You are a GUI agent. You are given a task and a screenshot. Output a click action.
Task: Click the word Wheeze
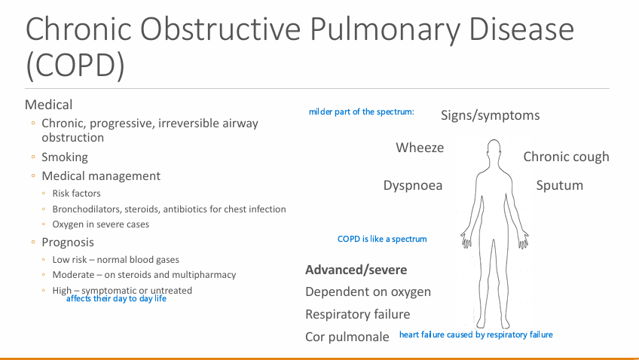420,148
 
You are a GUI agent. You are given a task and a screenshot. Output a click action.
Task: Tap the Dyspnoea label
412,185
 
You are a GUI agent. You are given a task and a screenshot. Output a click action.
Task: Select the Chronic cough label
566,157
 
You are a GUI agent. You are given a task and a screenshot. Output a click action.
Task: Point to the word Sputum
559,185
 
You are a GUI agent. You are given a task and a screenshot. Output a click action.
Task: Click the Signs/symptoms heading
490,115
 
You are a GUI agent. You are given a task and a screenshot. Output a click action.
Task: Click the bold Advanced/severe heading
356,270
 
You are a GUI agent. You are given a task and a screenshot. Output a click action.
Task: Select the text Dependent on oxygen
368,292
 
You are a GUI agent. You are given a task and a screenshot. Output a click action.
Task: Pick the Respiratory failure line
357,314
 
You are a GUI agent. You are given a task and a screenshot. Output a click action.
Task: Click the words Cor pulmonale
347,337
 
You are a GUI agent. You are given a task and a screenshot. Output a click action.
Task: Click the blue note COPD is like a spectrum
382,239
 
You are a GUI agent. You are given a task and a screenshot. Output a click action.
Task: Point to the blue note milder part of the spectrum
361,112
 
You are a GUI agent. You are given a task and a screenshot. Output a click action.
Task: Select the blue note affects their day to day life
116,299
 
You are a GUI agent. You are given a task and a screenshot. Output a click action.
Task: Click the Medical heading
49,105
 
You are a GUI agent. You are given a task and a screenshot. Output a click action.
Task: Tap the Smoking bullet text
65,157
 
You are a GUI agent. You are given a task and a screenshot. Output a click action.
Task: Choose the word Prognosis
68,243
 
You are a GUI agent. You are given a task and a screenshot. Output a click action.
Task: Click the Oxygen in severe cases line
100,224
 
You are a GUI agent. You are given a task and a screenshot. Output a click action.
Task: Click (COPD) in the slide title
75,66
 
